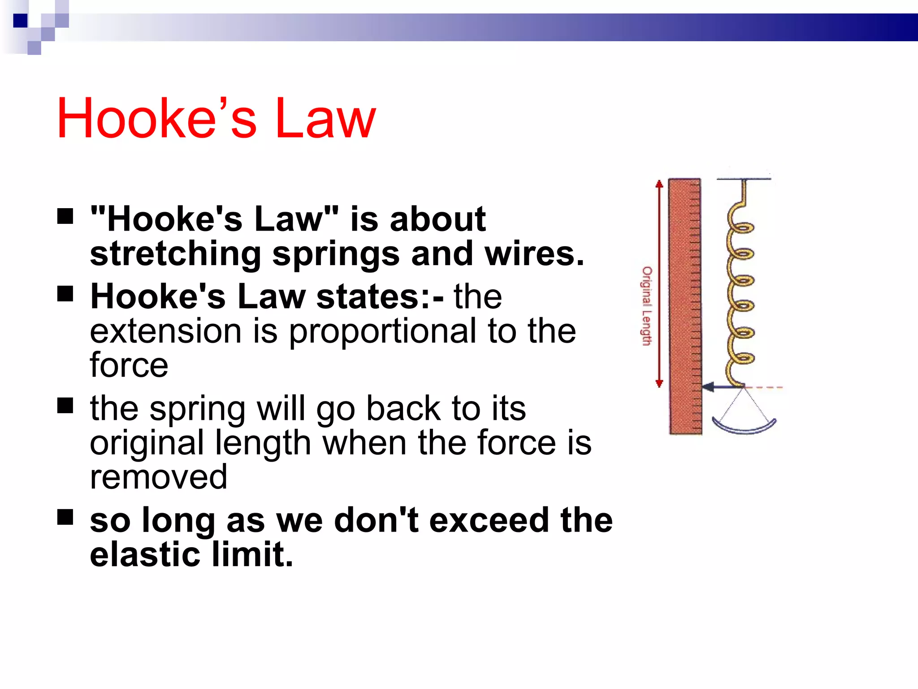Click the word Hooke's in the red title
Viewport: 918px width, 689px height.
click(157, 118)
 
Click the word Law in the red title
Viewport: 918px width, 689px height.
click(325, 118)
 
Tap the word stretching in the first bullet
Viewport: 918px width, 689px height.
click(175, 254)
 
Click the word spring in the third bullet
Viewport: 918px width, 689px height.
click(197, 409)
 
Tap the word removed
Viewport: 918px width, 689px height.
click(159, 476)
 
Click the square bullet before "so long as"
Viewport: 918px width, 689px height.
click(65, 517)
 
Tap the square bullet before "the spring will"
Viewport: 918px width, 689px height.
click(65, 406)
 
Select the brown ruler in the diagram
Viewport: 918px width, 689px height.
click(685, 306)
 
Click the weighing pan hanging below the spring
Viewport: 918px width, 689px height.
click(744, 426)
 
